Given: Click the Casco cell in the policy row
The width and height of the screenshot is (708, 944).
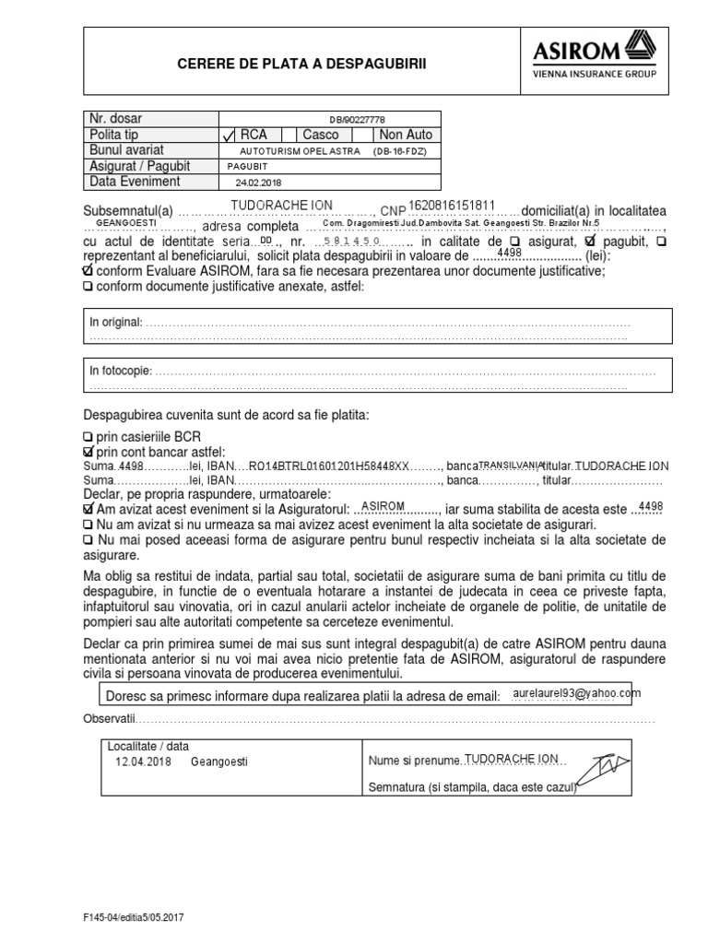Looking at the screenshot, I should pos(320,135).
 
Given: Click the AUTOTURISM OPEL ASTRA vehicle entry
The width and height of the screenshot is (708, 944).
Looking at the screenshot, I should pos(290,150).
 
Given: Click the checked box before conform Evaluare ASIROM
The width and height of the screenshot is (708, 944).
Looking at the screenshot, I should pos(88,271).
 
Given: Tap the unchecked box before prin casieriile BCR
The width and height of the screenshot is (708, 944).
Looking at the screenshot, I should pos(88,435).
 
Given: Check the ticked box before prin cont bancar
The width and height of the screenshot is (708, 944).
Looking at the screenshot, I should pos(88,451).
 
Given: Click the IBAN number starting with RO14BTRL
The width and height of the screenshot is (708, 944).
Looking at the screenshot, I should pos(328,466).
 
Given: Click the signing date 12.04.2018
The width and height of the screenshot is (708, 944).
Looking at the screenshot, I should pos(143,762).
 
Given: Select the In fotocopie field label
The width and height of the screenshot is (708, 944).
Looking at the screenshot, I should pos(120,371).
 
